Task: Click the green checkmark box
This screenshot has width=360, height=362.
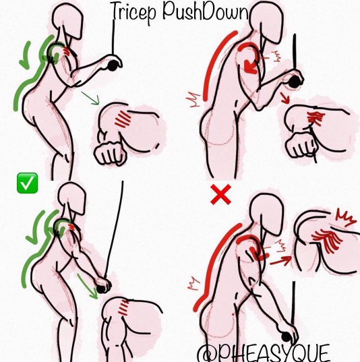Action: click(27, 183)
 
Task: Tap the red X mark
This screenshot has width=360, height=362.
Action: click(220, 194)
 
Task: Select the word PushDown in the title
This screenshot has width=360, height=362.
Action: click(206, 11)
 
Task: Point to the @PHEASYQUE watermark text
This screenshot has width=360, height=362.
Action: click(264, 353)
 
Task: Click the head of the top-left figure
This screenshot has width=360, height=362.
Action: click(67, 20)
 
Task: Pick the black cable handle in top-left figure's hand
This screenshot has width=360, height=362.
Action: click(113, 65)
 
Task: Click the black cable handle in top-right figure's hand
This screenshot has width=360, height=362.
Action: click(294, 82)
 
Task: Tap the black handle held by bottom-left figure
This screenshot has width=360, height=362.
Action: click(101, 289)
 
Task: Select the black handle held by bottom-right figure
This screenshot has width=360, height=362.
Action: click(287, 337)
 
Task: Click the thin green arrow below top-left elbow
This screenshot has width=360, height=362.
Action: click(90, 98)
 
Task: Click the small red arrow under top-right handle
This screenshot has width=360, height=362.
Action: click(285, 98)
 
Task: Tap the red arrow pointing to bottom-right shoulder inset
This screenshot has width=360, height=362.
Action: click(280, 260)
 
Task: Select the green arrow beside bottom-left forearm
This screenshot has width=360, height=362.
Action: click(88, 286)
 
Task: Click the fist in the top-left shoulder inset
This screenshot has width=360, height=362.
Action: click(111, 153)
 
